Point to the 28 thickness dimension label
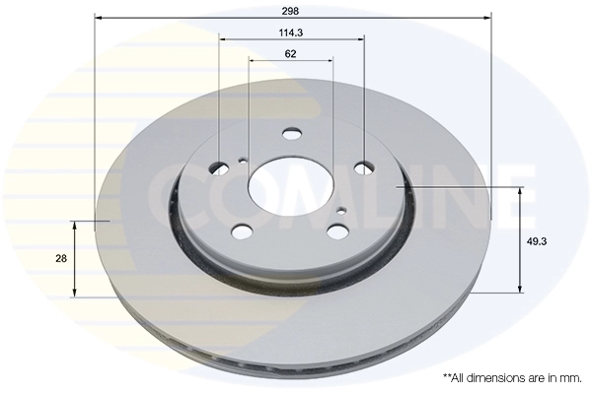coord(61,258)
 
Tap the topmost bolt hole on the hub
coord(292,135)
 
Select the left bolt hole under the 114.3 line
coord(220,167)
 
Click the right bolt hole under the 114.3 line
coord(363,167)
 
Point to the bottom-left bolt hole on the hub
coord(241,232)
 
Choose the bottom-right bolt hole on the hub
coord(336,231)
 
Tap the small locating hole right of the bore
coord(340,210)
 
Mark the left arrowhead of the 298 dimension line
coord(99,17)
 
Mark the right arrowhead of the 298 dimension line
coord(487,17)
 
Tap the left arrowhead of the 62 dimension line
coord(252,61)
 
